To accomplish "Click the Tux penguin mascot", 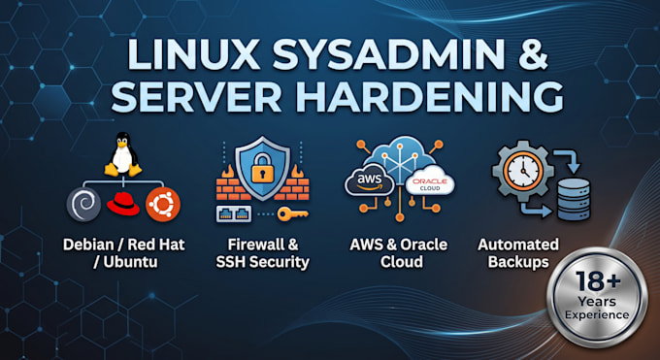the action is coord(123,154).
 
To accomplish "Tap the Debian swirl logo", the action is coord(83,205).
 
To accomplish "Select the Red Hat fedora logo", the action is coord(123,204).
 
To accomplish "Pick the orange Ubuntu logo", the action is coord(163,205).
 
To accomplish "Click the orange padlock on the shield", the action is coord(262,168).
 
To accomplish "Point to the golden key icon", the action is coord(292,213).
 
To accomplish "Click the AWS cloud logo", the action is coord(370,181).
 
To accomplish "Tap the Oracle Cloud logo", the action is coord(430,181).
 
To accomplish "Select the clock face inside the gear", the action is coord(523,170).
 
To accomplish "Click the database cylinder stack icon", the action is coord(574,199).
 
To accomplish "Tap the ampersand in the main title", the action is coord(533,54).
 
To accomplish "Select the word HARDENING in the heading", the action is coord(429,97).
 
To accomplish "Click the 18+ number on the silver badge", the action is coord(597,280).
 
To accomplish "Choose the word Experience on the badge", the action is coord(597,315).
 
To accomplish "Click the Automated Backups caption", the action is coord(518,252).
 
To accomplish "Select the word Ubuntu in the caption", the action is coord(130,261).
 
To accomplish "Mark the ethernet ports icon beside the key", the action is coord(234,213).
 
